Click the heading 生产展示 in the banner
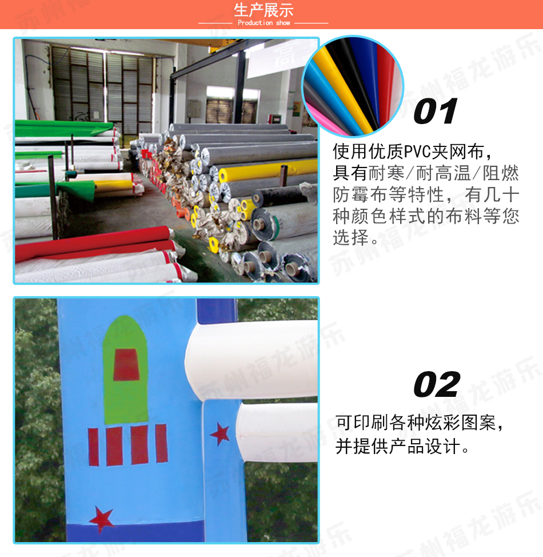(263, 10)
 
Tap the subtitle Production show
(264, 23)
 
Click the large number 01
(436, 112)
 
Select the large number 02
(437, 384)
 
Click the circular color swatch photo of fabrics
(353, 86)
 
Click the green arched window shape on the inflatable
(125, 369)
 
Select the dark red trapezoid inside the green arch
(126, 365)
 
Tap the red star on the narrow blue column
(220, 433)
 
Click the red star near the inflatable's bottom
(102, 519)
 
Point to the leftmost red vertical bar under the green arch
(93, 447)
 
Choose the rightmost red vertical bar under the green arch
(162, 443)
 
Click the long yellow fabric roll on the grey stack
(267, 169)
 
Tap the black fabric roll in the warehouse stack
(280, 196)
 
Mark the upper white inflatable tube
(251, 360)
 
